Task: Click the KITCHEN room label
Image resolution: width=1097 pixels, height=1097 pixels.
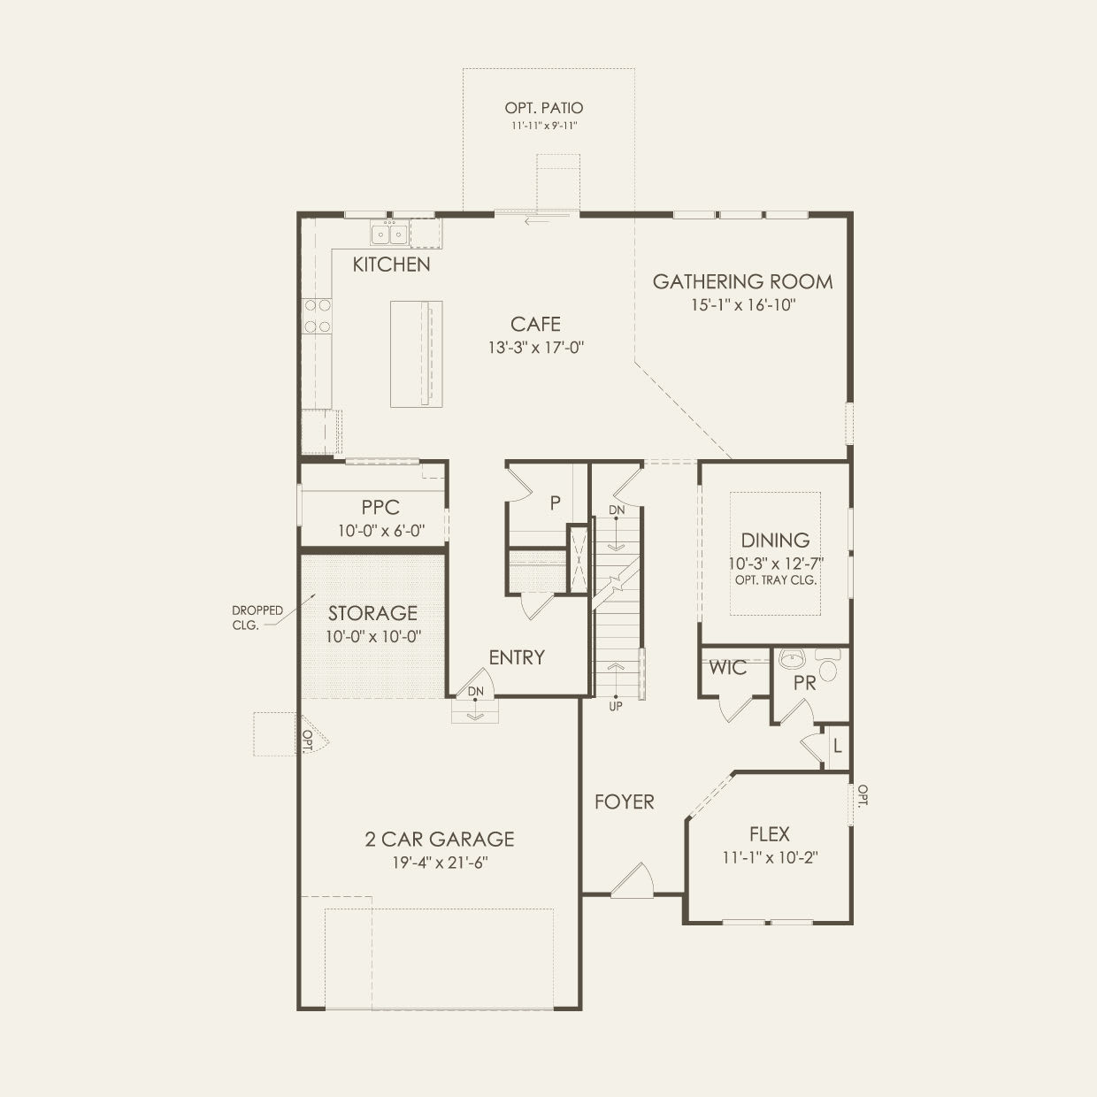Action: [x=391, y=265]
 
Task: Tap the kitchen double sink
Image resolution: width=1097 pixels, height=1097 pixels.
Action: [x=389, y=234]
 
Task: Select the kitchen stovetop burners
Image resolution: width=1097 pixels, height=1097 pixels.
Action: [x=318, y=315]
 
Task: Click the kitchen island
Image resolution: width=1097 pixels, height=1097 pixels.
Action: [x=416, y=354]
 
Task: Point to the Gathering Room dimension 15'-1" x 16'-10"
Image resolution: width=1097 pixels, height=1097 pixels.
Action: [x=743, y=305]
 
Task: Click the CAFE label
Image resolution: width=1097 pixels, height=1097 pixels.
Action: [x=535, y=324]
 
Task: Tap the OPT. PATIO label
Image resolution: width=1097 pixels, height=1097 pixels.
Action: [x=544, y=108]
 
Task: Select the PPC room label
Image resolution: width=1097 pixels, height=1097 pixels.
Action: [x=380, y=507]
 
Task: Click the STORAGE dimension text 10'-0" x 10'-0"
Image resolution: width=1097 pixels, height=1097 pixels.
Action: [x=373, y=636]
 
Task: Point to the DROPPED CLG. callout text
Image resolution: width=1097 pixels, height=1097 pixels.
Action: [x=257, y=618]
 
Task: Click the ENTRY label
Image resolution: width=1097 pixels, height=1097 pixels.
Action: [x=517, y=657]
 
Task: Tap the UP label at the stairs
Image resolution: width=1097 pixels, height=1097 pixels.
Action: [x=616, y=707]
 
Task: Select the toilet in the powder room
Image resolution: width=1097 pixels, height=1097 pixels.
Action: [x=828, y=664]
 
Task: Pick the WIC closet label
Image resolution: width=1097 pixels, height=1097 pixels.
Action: [x=727, y=668]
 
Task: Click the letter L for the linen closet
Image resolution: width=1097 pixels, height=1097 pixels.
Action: [x=837, y=747]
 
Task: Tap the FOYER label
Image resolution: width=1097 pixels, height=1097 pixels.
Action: [x=624, y=802]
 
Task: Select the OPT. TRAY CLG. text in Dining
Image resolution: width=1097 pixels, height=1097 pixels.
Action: [x=775, y=580]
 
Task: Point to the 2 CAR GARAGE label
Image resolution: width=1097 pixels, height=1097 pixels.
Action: [x=440, y=840]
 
